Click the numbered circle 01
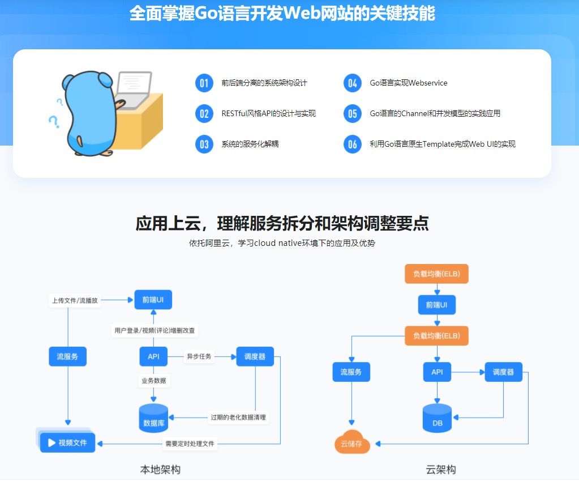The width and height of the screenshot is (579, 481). click(204, 83)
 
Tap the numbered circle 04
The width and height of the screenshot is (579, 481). click(353, 83)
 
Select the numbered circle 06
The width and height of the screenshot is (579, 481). click(353, 144)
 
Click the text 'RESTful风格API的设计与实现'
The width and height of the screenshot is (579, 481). click(268, 114)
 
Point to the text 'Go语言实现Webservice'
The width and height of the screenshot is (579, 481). click(408, 83)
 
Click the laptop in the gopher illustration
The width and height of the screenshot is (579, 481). click(134, 89)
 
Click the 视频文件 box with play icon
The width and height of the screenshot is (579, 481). click(67, 442)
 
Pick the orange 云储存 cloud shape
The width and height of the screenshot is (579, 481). click(352, 444)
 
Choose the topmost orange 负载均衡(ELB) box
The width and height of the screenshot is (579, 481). click(436, 274)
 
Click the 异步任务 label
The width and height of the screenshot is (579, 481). click(199, 356)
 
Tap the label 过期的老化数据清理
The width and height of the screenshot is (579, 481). click(238, 418)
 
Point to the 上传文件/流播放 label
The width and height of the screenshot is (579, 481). click(75, 300)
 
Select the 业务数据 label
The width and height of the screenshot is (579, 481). click(154, 381)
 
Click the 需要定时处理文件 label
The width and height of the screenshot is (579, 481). click(190, 444)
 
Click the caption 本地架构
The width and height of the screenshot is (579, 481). click(160, 470)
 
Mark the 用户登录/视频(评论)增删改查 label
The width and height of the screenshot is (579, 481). click(156, 330)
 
